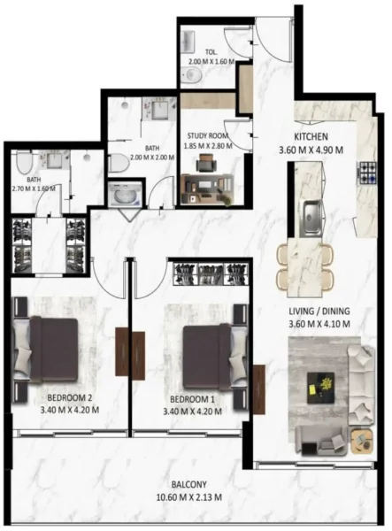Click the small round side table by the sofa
tap(359, 439)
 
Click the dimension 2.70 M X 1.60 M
tap(33, 189)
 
